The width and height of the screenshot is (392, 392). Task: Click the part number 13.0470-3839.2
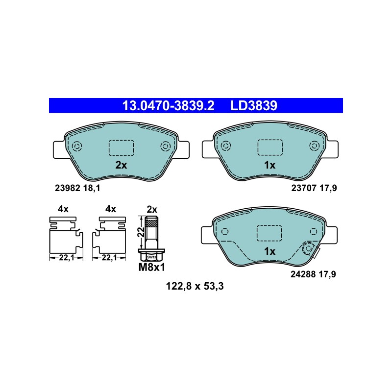tap(168, 106)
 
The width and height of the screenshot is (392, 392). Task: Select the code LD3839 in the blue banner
tap(253, 106)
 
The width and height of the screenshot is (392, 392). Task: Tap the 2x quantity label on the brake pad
tap(121, 165)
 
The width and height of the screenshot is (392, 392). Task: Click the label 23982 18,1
tap(77, 188)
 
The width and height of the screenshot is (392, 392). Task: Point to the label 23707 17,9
tap(314, 188)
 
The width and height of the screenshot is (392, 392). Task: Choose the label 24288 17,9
tap(313, 274)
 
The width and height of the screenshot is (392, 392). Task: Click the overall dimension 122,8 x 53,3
tap(195, 286)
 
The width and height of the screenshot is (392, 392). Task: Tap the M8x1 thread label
tap(152, 268)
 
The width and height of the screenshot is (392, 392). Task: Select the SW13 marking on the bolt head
tap(151, 257)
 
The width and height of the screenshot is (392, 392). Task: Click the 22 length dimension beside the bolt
tap(142, 232)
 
